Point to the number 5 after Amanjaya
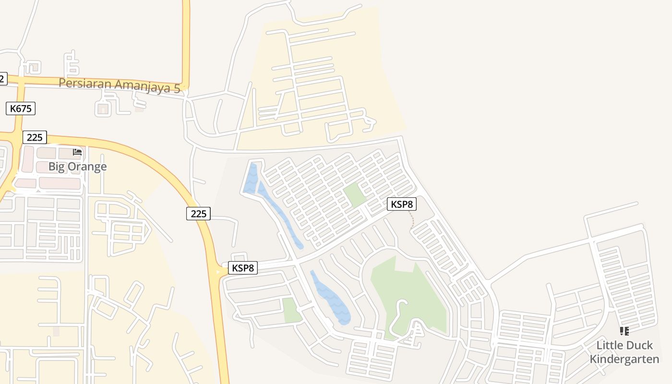click(x=177, y=87)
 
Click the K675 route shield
click(x=21, y=108)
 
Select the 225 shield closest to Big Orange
click(x=35, y=137)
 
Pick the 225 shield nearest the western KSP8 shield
click(x=198, y=213)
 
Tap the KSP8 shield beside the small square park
click(x=402, y=204)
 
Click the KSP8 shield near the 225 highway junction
click(x=243, y=268)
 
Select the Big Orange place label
click(x=77, y=167)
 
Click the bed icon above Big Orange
click(x=77, y=152)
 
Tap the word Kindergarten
click(x=624, y=359)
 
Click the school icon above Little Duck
click(x=624, y=331)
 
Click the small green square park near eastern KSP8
click(x=354, y=195)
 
